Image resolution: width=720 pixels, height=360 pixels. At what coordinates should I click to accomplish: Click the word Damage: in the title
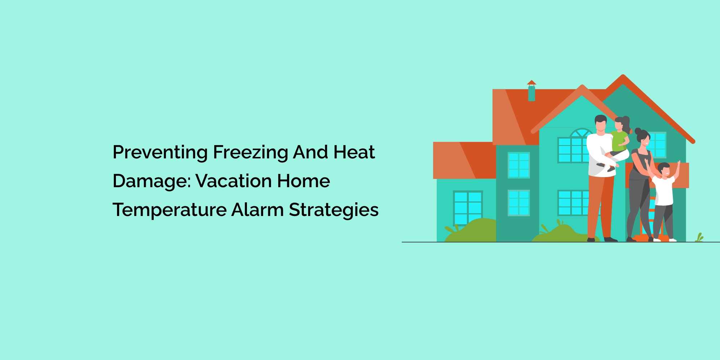tap(151, 181)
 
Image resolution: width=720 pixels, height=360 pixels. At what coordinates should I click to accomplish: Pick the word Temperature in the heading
tap(169, 210)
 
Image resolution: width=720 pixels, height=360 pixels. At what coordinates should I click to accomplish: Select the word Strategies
tap(333, 210)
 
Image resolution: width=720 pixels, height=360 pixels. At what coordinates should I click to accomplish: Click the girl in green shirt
tap(619, 140)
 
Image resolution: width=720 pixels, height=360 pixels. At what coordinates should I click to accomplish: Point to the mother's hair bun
tap(638, 131)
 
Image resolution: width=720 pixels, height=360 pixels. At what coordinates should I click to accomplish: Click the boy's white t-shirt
tap(663, 191)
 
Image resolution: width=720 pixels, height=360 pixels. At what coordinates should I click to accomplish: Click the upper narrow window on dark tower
tap(518, 165)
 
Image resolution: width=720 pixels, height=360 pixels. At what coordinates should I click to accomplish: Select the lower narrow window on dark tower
tap(518, 203)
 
